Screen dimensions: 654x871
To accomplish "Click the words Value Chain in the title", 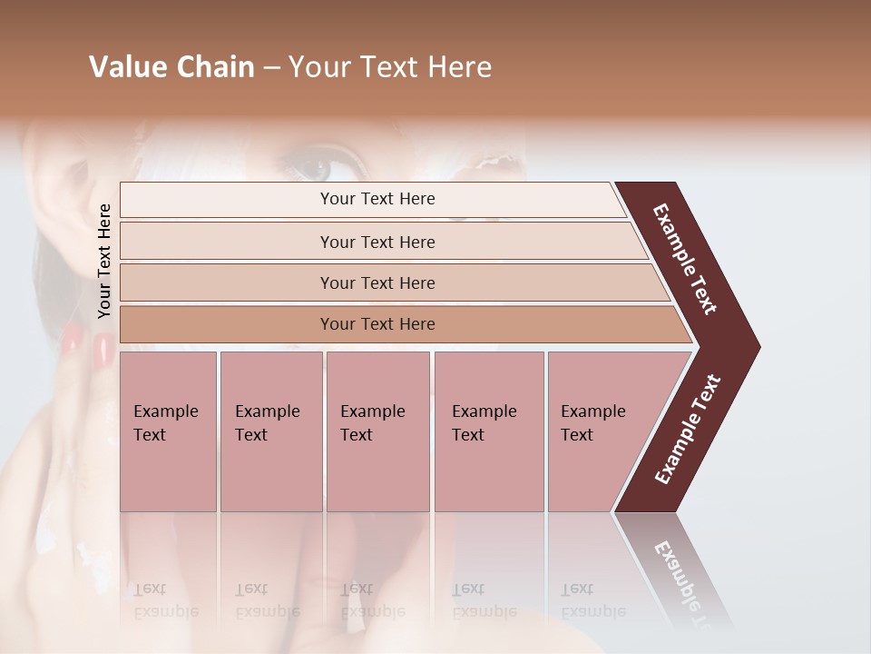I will [171, 67].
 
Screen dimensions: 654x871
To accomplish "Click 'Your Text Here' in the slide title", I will [390, 67].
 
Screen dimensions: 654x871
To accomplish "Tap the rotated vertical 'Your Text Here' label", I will [104, 261].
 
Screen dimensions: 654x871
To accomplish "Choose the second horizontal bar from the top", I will [377, 242].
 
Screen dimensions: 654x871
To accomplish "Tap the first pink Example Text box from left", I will [168, 431].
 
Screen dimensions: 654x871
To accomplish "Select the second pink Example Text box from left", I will [270, 431].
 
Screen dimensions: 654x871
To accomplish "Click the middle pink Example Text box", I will [377, 431].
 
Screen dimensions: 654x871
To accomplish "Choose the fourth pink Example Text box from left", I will [488, 431].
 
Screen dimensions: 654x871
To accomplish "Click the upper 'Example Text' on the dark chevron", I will [685, 259].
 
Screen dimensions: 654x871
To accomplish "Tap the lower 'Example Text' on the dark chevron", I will [688, 430].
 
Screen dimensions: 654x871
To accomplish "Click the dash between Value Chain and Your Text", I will [271, 67].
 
